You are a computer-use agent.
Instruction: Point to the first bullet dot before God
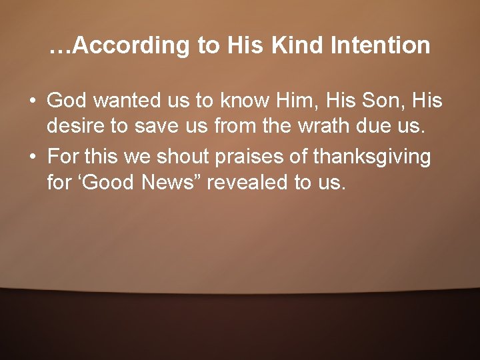pos(32,101)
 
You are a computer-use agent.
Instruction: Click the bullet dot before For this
pos(32,158)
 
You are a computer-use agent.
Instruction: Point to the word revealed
pos(248,183)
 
